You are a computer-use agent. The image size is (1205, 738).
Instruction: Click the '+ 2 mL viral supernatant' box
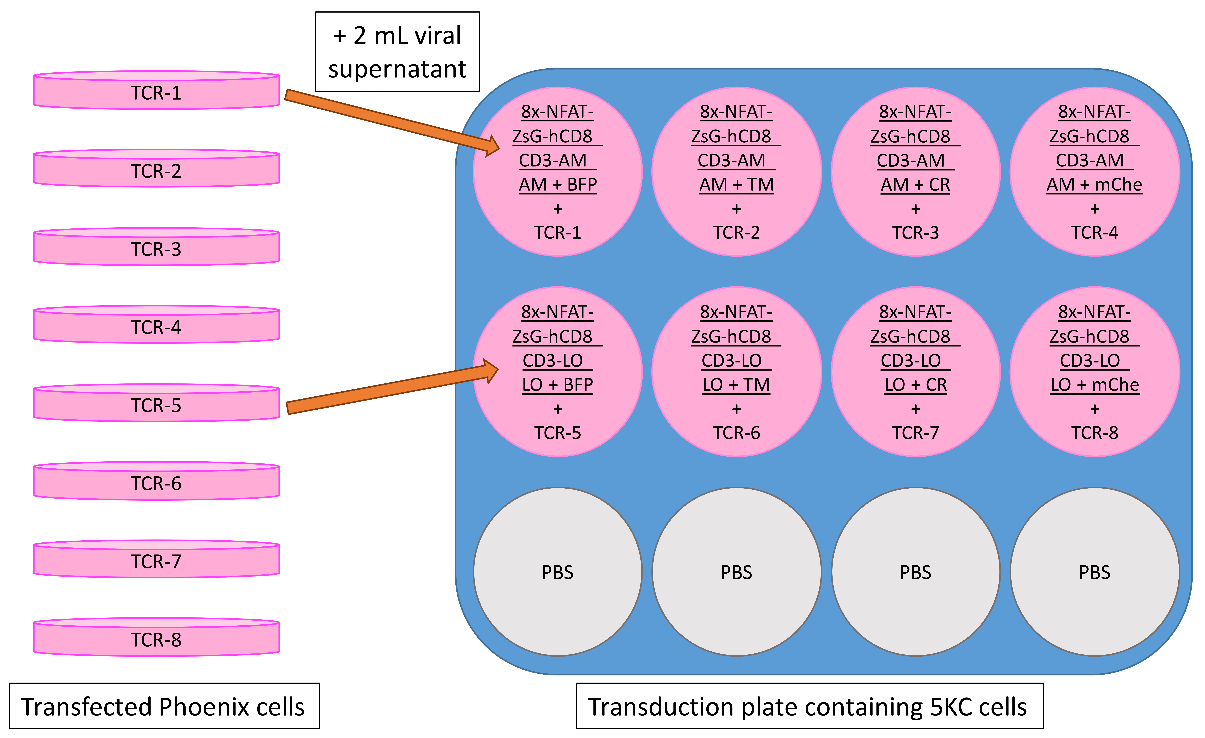click(398, 51)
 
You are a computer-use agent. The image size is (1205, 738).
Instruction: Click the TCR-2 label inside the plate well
click(737, 233)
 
